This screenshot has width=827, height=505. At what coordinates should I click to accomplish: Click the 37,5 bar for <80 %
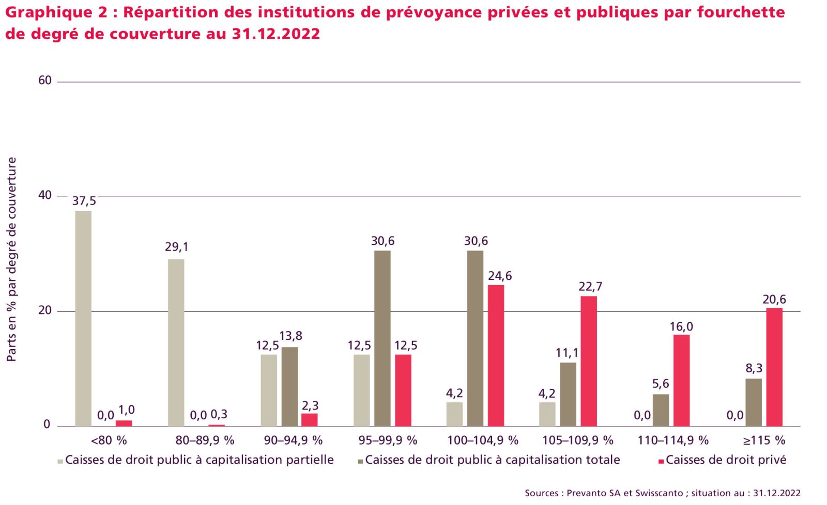click(x=83, y=318)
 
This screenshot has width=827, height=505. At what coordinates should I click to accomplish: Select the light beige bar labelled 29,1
click(x=176, y=342)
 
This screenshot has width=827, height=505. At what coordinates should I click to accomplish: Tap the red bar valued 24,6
click(x=496, y=355)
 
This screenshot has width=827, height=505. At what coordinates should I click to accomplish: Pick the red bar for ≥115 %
click(x=774, y=367)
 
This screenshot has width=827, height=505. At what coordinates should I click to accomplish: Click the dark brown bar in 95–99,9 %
click(x=382, y=338)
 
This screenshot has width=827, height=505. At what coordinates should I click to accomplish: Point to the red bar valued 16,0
click(x=681, y=380)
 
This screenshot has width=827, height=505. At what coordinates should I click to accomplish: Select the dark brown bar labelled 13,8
click(x=289, y=386)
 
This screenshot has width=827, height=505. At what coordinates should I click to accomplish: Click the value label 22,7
click(x=590, y=287)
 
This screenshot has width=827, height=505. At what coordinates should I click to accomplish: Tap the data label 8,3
click(x=754, y=369)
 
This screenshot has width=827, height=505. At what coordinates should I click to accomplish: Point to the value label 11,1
click(x=567, y=353)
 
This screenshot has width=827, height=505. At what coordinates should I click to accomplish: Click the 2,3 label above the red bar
click(x=310, y=406)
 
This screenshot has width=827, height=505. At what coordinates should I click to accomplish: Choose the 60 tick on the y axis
click(x=45, y=81)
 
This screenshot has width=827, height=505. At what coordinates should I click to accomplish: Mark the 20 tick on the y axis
click(x=45, y=310)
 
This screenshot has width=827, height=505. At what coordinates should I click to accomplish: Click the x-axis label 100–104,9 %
click(x=482, y=440)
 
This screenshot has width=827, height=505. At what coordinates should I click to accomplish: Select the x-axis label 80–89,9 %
click(x=205, y=440)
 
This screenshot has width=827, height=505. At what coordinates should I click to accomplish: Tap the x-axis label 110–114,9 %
click(x=673, y=440)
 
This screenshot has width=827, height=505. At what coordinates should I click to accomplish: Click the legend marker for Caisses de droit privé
click(x=661, y=461)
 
